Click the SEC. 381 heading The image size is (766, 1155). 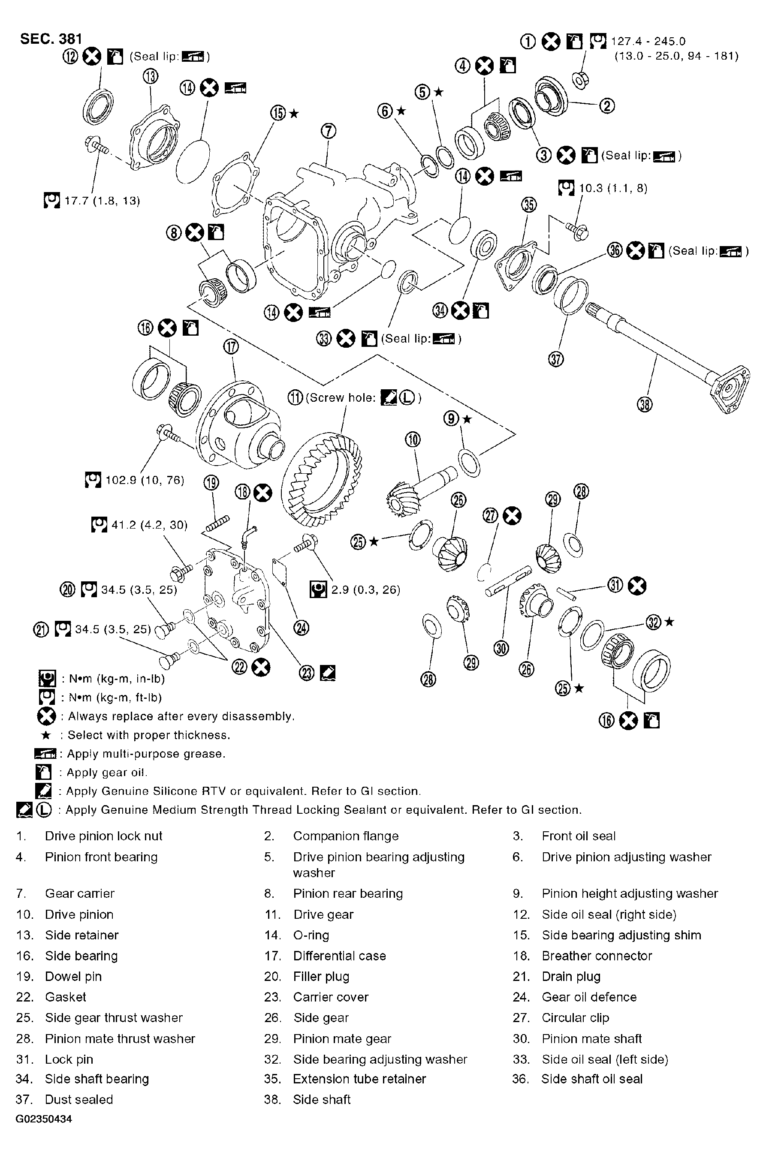51,39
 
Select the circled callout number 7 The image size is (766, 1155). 328,131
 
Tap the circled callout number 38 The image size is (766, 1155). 645,404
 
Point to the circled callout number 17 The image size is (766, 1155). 231,347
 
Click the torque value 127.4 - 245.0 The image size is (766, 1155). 648,42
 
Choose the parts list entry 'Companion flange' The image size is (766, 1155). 345,836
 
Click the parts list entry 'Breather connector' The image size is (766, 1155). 597,956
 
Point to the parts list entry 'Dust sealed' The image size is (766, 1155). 78,1099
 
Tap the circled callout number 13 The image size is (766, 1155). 151,76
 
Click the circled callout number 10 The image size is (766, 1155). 413,439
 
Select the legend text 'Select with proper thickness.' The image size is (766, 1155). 148,735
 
